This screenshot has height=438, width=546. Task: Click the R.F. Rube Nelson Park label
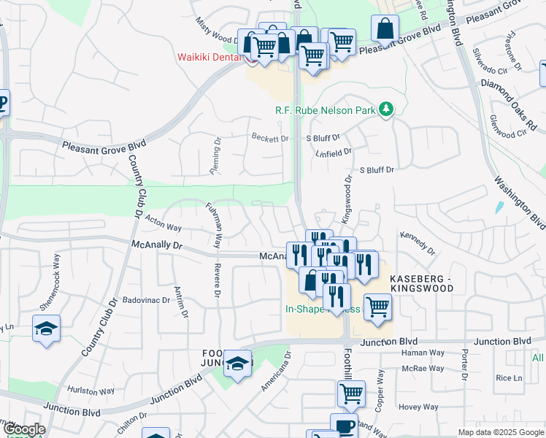(324, 111)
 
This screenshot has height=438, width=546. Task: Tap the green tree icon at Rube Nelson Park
(385, 111)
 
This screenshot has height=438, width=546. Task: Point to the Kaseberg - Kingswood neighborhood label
(422, 284)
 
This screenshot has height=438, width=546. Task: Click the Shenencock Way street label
(55, 275)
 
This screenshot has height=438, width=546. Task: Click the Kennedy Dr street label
(418, 244)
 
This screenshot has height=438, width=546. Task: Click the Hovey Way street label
(418, 407)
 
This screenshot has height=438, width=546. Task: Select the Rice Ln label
(509, 377)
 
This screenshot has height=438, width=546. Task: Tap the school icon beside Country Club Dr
(47, 329)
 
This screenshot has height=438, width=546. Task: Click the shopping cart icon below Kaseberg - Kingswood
(377, 307)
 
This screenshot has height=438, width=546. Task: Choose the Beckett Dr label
(270, 138)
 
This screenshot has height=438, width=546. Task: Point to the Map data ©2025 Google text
(499, 432)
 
